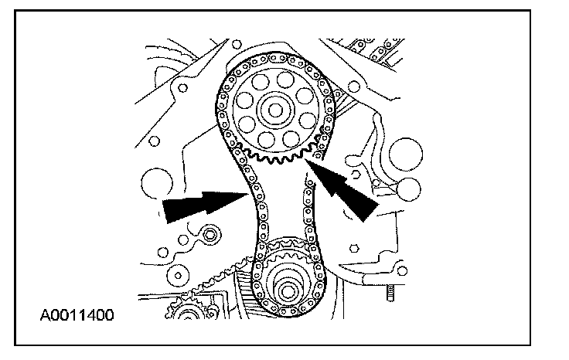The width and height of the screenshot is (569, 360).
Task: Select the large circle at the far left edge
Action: [155, 185]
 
